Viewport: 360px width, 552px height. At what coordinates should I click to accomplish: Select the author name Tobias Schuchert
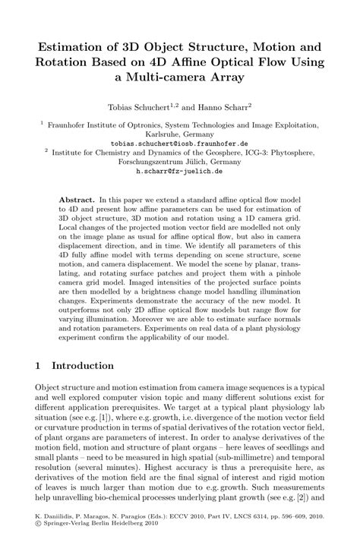pyautogui.click(x=144, y=109)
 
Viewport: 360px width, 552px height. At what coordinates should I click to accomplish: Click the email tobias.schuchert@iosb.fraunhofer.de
pyautogui.click(x=179, y=143)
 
